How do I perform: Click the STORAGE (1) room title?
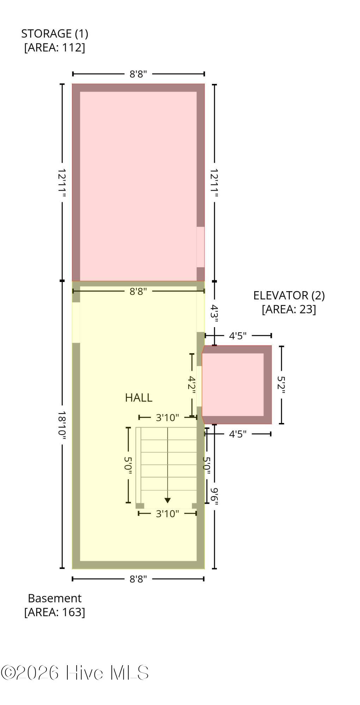[55, 33]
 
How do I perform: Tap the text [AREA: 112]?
[55, 47]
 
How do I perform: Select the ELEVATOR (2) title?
[289, 295]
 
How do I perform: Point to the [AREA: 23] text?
[289, 309]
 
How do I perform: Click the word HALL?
[139, 398]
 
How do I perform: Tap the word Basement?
[55, 598]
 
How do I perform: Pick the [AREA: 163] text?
[55, 612]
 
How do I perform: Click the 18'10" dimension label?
[62, 425]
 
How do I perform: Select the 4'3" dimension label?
[214, 314]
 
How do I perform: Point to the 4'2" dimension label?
[192, 384]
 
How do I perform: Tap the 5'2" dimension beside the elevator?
[281, 385]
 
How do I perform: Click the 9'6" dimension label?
[214, 496]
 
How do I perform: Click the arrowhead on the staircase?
[167, 500]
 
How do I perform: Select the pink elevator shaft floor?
[233, 385]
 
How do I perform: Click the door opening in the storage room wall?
[200, 247]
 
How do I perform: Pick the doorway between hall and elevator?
[199, 386]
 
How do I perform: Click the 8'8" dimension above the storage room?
[138, 74]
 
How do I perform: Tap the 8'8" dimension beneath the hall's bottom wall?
[138, 579]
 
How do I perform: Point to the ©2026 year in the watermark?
[30, 673]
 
